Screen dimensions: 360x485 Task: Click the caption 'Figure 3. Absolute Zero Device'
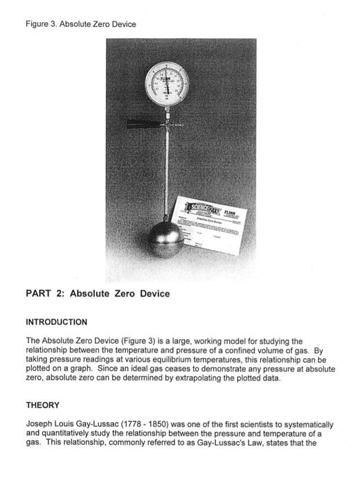80,24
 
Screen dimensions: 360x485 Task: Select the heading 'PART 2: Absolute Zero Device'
98,294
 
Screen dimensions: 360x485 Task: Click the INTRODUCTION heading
56,322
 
